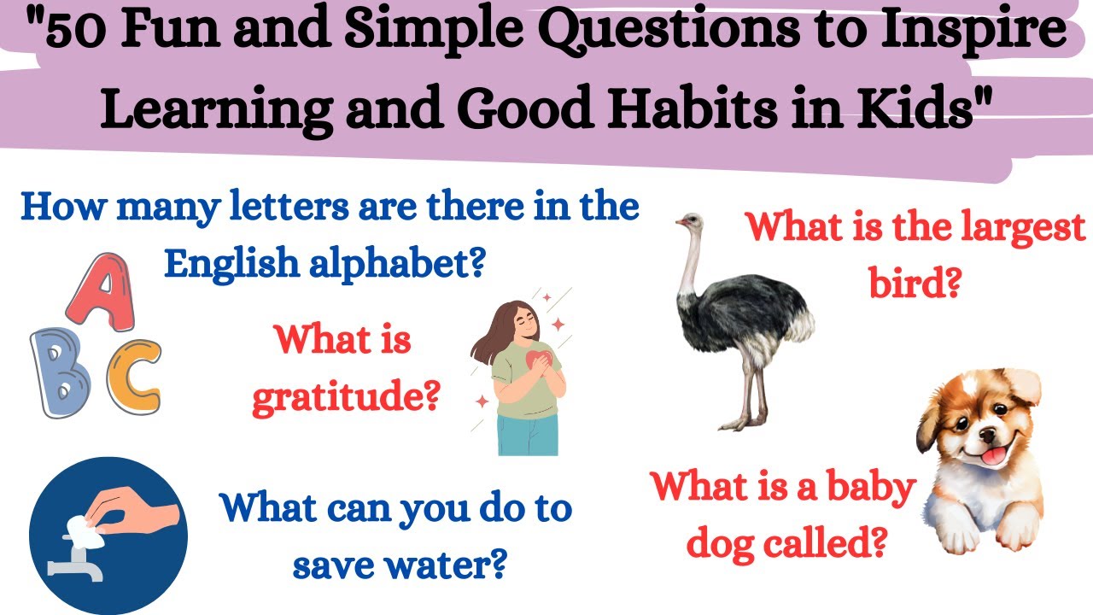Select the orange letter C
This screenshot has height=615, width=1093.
click(x=133, y=377)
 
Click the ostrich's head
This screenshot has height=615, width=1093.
click(x=688, y=222)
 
